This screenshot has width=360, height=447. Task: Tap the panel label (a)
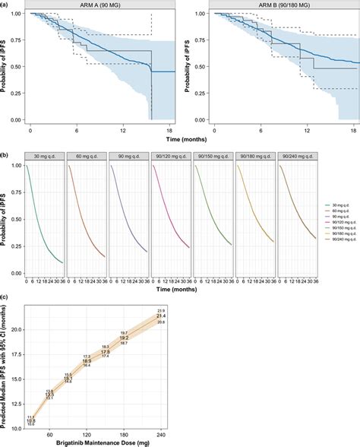point(5,4)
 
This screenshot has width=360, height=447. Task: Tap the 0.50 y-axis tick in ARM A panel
point(17,67)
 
